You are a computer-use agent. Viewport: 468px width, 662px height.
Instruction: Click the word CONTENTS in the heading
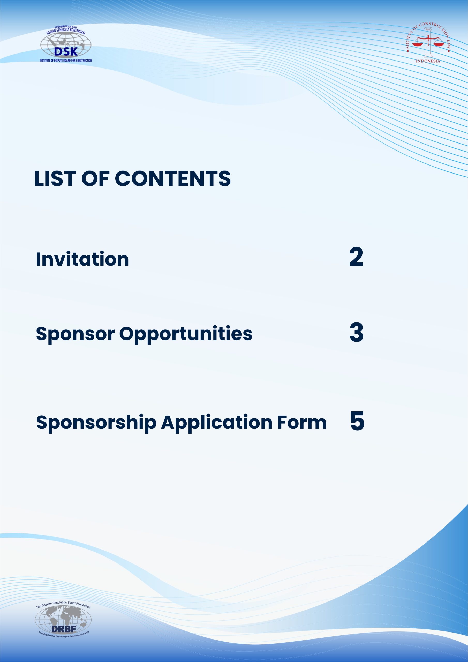tap(173, 178)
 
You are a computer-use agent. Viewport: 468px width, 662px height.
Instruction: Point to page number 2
tap(356, 257)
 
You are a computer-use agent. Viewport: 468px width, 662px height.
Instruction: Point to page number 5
tap(357, 421)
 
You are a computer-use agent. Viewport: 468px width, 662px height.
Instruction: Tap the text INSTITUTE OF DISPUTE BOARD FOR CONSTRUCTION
tap(66, 61)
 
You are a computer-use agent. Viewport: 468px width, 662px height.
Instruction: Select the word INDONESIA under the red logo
tap(428, 61)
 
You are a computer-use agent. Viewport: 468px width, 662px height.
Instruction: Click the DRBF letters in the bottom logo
tap(63, 629)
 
